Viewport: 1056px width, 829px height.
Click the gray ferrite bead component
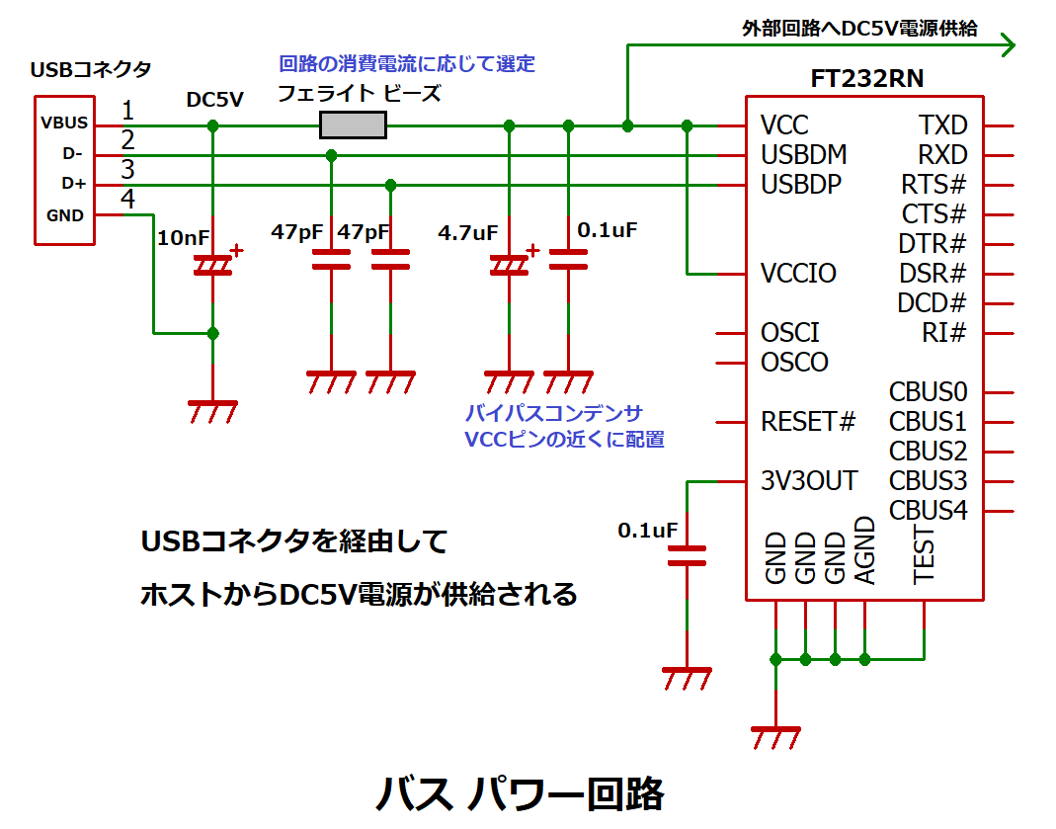click(353, 125)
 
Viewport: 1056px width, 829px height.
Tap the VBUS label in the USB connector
click(64, 124)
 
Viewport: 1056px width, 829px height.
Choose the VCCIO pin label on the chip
click(798, 274)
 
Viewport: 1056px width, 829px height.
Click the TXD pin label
click(942, 125)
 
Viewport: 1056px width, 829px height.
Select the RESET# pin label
click(807, 422)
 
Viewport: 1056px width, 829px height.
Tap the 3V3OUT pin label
click(809, 481)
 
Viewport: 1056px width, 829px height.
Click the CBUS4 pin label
click(928, 511)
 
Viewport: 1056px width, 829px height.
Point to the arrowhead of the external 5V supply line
click(1008, 45)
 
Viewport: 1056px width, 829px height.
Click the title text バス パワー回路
click(520, 793)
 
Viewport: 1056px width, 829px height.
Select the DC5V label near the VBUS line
click(214, 99)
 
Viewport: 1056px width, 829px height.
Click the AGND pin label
click(864, 551)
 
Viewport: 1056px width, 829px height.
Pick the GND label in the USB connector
click(65, 214)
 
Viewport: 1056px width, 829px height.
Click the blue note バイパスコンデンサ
click(553, 412)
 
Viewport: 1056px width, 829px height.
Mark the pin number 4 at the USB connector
click(127, 199)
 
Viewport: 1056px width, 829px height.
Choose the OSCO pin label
click(794, 363)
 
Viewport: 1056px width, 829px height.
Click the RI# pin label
click(943, 333)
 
